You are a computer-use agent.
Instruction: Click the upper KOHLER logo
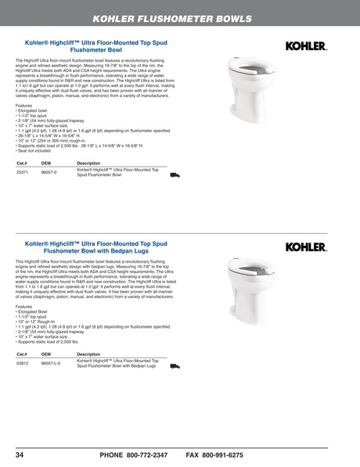(x=305, y=48)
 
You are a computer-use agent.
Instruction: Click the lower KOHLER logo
(x=305, y=247)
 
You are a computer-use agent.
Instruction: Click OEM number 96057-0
(x=49, y=171)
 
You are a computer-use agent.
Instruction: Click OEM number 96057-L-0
(x=51, y=364)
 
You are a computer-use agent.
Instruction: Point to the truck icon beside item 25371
(x=175, y=175)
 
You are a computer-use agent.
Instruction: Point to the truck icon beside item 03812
(x=175, y=365)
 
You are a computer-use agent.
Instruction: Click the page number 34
(x=20, y=454)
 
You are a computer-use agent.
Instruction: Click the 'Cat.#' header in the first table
(x=22, y=163)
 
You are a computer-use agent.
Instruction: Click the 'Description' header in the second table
(x=88, y=354)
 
